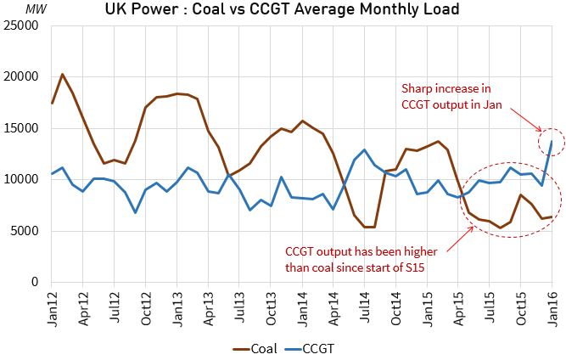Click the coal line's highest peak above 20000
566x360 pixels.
63,75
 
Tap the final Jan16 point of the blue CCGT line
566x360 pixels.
552,142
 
